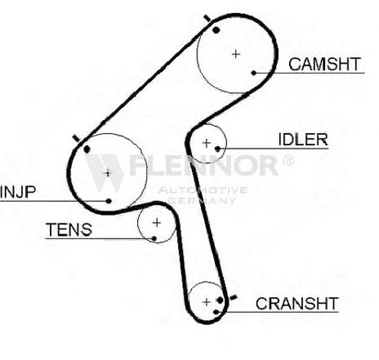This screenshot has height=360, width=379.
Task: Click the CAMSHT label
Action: point(324,64)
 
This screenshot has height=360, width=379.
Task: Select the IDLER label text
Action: point(303,140)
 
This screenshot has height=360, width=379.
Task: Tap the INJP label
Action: point(18,192)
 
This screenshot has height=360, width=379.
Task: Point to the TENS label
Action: point(69,229)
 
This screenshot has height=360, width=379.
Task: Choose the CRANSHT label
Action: point(297,304)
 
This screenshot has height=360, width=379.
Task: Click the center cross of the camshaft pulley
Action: point(236,54)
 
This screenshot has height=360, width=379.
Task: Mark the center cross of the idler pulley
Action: point(207,143)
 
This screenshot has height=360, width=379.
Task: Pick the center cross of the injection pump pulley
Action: point(108,173)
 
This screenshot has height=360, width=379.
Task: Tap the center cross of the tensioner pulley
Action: point(157,223)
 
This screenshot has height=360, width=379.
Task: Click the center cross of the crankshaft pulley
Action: point(207,302)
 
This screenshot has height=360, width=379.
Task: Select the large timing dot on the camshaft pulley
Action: point(216,30)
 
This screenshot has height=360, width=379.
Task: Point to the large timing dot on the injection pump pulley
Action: point(87,149)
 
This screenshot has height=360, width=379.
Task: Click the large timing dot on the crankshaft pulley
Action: point(220,300)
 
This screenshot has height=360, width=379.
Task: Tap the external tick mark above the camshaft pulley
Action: point(207,18)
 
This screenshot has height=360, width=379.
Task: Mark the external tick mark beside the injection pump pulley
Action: point(77,138)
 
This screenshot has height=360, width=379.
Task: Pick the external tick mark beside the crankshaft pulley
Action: point(234,297)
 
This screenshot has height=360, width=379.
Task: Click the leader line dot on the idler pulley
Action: point(217,149)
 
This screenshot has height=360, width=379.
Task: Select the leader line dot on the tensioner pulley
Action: point(154,238)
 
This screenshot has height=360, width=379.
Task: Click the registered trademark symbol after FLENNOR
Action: point(288,160)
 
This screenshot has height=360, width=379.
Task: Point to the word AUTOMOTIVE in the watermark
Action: point(203,189)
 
